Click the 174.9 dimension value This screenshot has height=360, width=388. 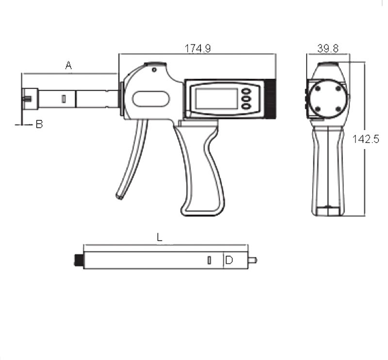(197, 48)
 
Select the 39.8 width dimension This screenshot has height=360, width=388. (327, 48)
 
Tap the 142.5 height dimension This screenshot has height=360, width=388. (372, 140)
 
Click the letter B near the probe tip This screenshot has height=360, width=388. (39, 125)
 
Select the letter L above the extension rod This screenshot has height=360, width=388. (159, 237)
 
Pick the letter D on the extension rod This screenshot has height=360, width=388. (229, 261)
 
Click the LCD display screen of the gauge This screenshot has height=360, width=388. (216, 98)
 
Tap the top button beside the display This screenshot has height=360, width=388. (246, 91)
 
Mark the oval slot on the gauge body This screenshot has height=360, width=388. (151, 99)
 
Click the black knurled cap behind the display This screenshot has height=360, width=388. (270, 98)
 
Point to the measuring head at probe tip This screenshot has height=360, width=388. (30, 99)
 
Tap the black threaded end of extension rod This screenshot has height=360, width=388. (78, 261)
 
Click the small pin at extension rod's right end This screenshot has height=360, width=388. (252, 260)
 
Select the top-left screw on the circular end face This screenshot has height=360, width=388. (317, 88)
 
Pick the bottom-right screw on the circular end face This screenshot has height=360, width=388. (338, 109)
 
